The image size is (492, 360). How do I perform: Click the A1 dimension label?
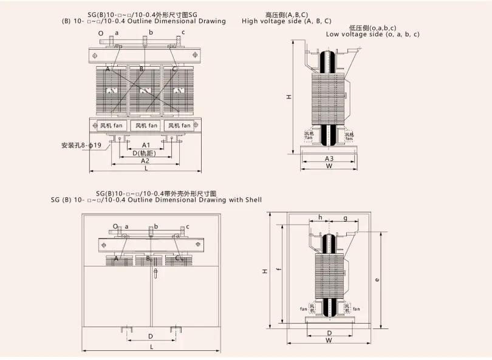(146, 146)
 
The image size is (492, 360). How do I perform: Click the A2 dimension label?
(145, 161)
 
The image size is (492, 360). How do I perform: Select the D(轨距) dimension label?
(146, 153)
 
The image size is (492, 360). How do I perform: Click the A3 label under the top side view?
(329, 158)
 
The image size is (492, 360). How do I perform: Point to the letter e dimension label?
(378, 280)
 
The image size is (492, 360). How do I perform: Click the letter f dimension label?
(278, 271)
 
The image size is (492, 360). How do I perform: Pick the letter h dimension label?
(320, 217)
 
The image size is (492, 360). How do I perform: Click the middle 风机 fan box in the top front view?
(146, 126)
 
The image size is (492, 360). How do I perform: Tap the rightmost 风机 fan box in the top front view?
(180, 126)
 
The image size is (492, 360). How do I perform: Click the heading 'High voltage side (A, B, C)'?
(287, 21)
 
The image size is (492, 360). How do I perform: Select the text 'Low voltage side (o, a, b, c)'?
(372, 35)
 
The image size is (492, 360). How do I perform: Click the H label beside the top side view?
(290, 97)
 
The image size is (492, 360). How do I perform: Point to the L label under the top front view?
(146, 169)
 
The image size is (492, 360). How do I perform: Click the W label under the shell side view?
(329, 341)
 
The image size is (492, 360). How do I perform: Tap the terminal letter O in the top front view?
(101, 33)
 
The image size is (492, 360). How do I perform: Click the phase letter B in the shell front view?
(148, 259)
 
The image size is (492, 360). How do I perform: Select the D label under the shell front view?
(150, 336)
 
